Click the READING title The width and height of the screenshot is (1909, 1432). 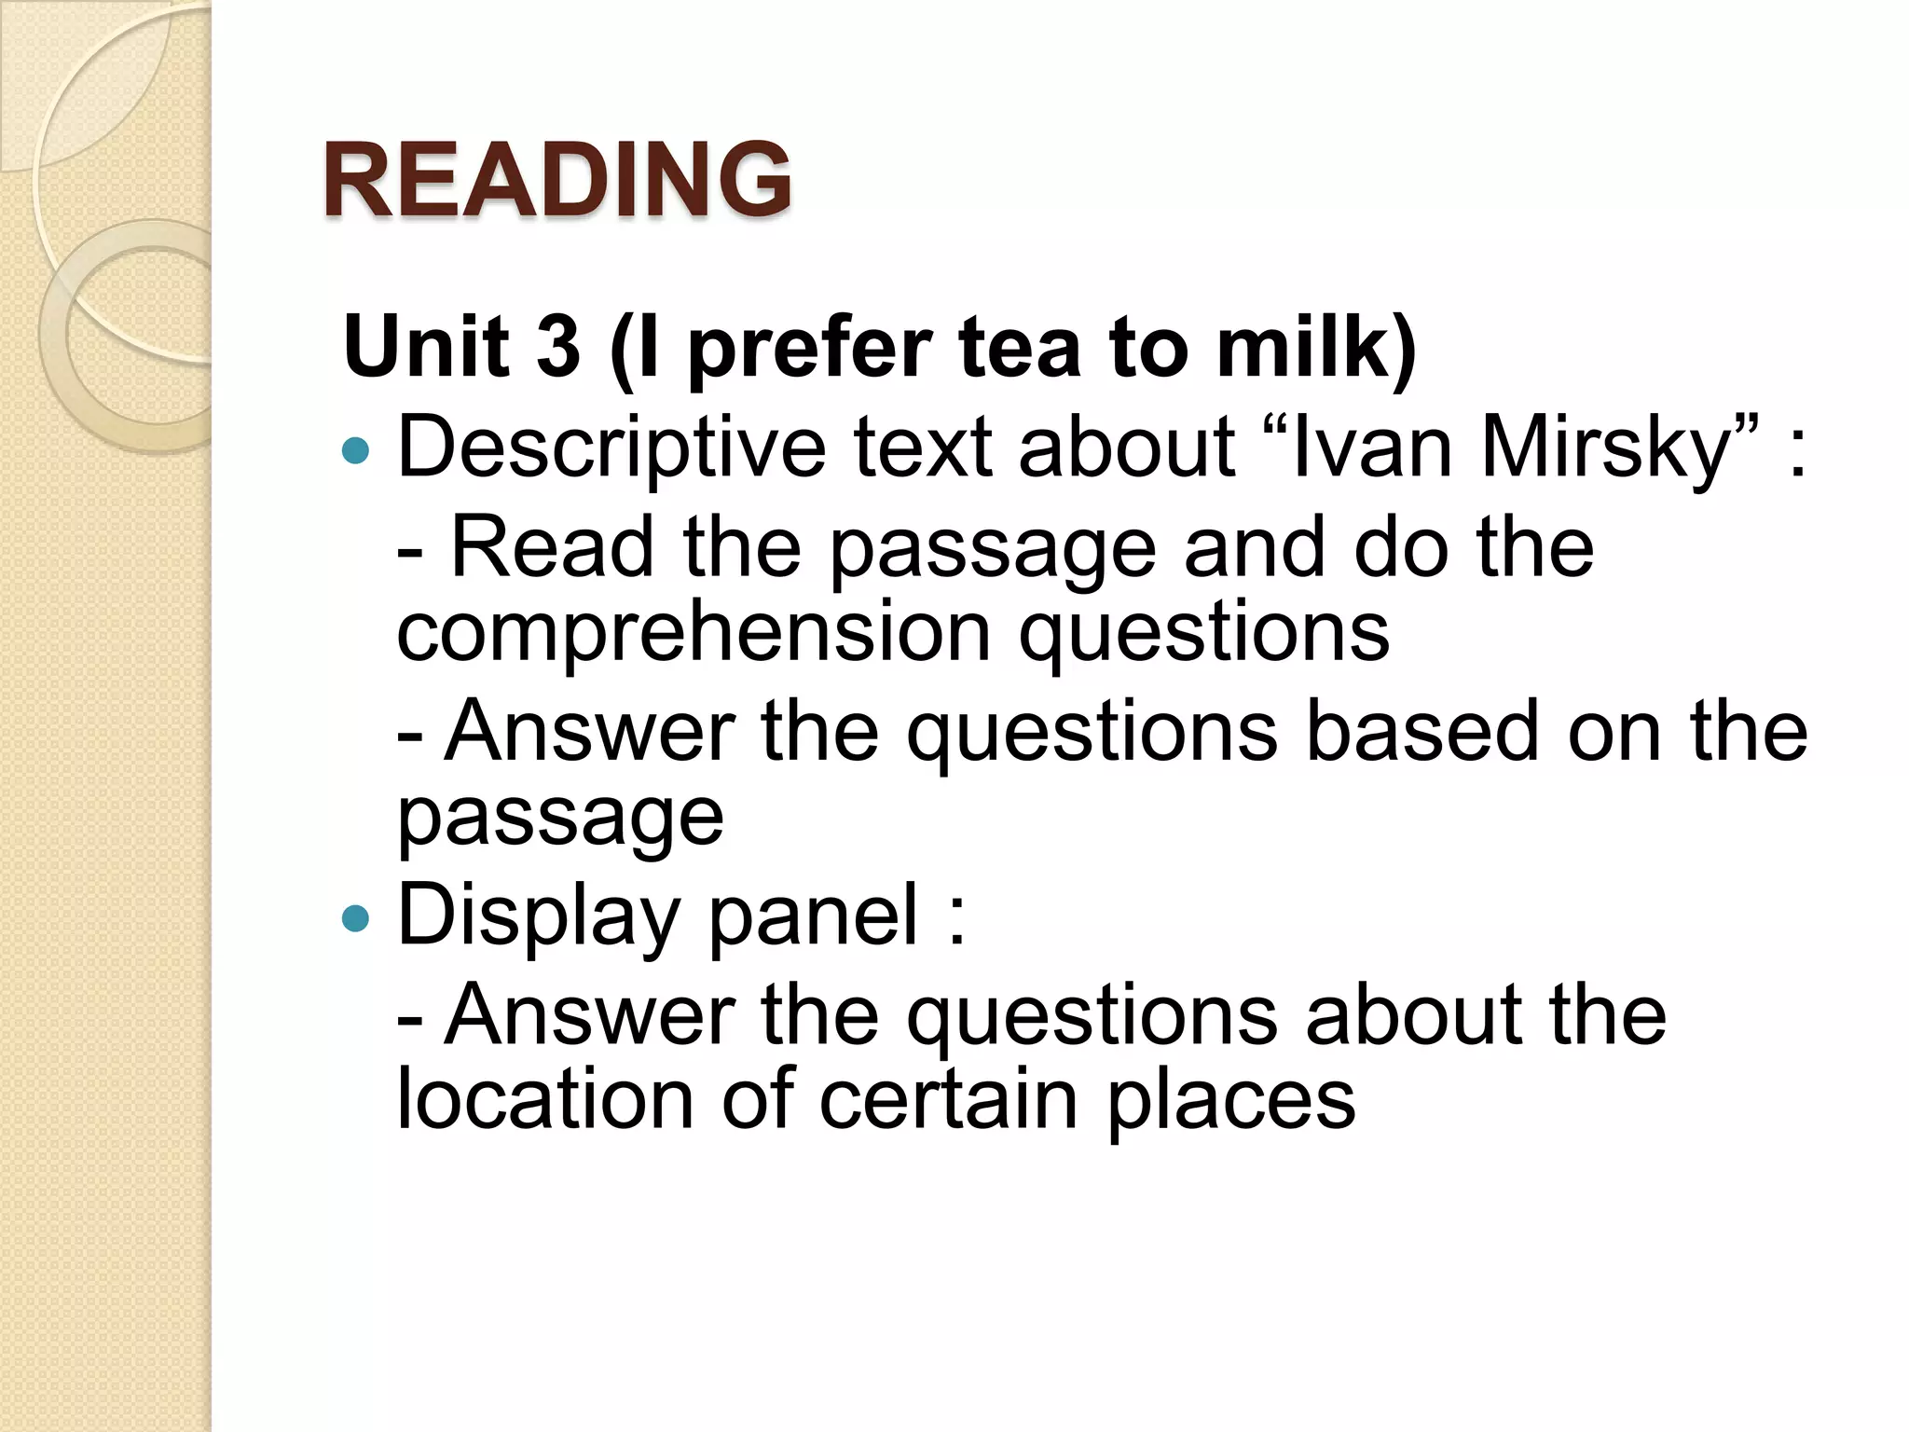point(557,179)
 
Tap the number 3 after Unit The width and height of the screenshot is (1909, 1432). point(557,347)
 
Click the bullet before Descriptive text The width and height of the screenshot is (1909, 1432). point(356,452)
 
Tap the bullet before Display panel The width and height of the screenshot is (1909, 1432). point(356,919)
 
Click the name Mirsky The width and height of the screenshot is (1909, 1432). point(1605,449)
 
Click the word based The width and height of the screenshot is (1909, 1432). point(1422,731)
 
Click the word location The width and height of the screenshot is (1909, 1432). point(545,1100)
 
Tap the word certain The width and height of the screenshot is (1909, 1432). point(949,1100)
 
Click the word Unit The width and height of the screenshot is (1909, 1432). point(427,347)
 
